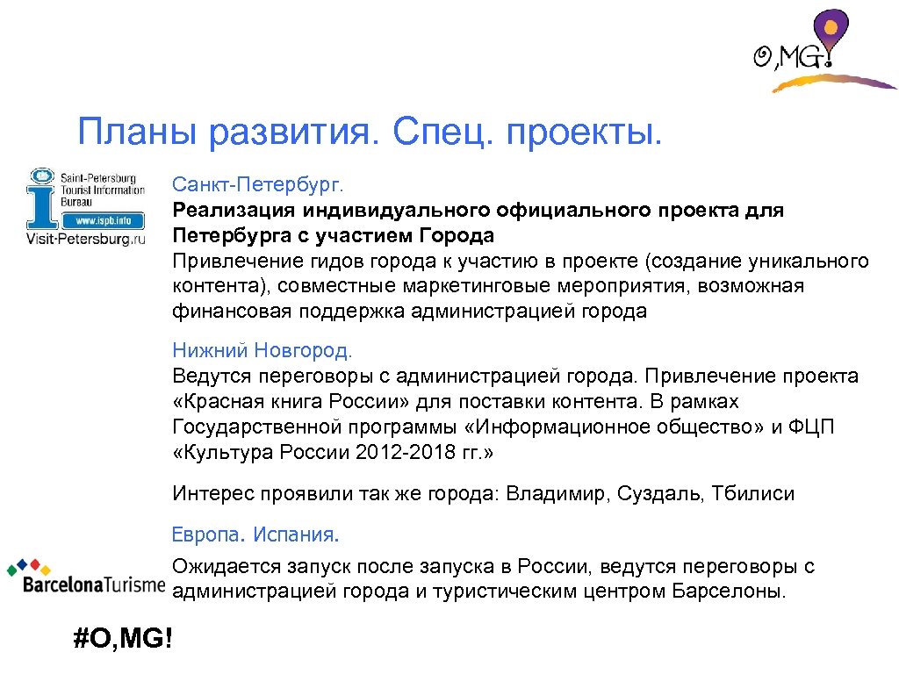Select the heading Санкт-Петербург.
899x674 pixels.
[260, 185]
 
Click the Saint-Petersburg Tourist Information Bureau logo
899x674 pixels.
[85, 207]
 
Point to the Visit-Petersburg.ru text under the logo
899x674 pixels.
[85, 239]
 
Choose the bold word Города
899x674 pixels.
[456, 236]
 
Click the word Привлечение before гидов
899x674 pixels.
[234, 262]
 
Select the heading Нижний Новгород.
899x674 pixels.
[262, 351]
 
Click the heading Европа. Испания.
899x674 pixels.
[255, 534]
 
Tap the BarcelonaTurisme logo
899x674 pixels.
[84, 578]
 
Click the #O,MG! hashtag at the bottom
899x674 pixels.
[124, 638]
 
